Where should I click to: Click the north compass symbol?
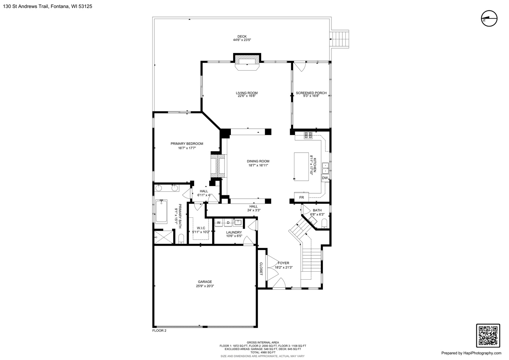pyautogui.click(x=489, y=18)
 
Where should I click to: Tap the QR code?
pyautogui.click(x=488, y=336)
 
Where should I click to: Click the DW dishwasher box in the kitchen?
pyautogui.click(x=325, y=178)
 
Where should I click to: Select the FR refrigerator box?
pyautogui.click(x=301, y=197)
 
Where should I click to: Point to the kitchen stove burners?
pyautogui.click(x=308, y=135)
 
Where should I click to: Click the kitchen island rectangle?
pyautogui.click(x=301, y=166)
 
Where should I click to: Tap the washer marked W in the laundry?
pyautogui.click(x=219, y=223)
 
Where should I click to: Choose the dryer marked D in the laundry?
pyautogui.click(x=228, y=223)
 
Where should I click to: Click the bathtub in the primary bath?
pyautogui.click(x=161, y=211)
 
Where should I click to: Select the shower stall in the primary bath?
pyautogui.click(x=164, y=237)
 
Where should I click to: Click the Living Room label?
pyautogui.click(x=247, y=93)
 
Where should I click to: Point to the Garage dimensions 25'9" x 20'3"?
pyautogui.click(x=205, y=286)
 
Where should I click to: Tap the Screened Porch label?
pyautogui.click(x=311, y=93)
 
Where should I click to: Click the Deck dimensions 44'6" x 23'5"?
pyautogui.click(x=242, y=40)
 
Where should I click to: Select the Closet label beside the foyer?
pyautogui.click(x=261, y=269)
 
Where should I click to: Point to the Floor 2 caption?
pyautogui.click(x=159, y=330)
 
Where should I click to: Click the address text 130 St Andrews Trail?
pyautogui.click(x=26, y=6)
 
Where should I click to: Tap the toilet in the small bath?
pyautogui.click(x=324, y=223)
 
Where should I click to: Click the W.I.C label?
pyautogui.click(x=201, y=228)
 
